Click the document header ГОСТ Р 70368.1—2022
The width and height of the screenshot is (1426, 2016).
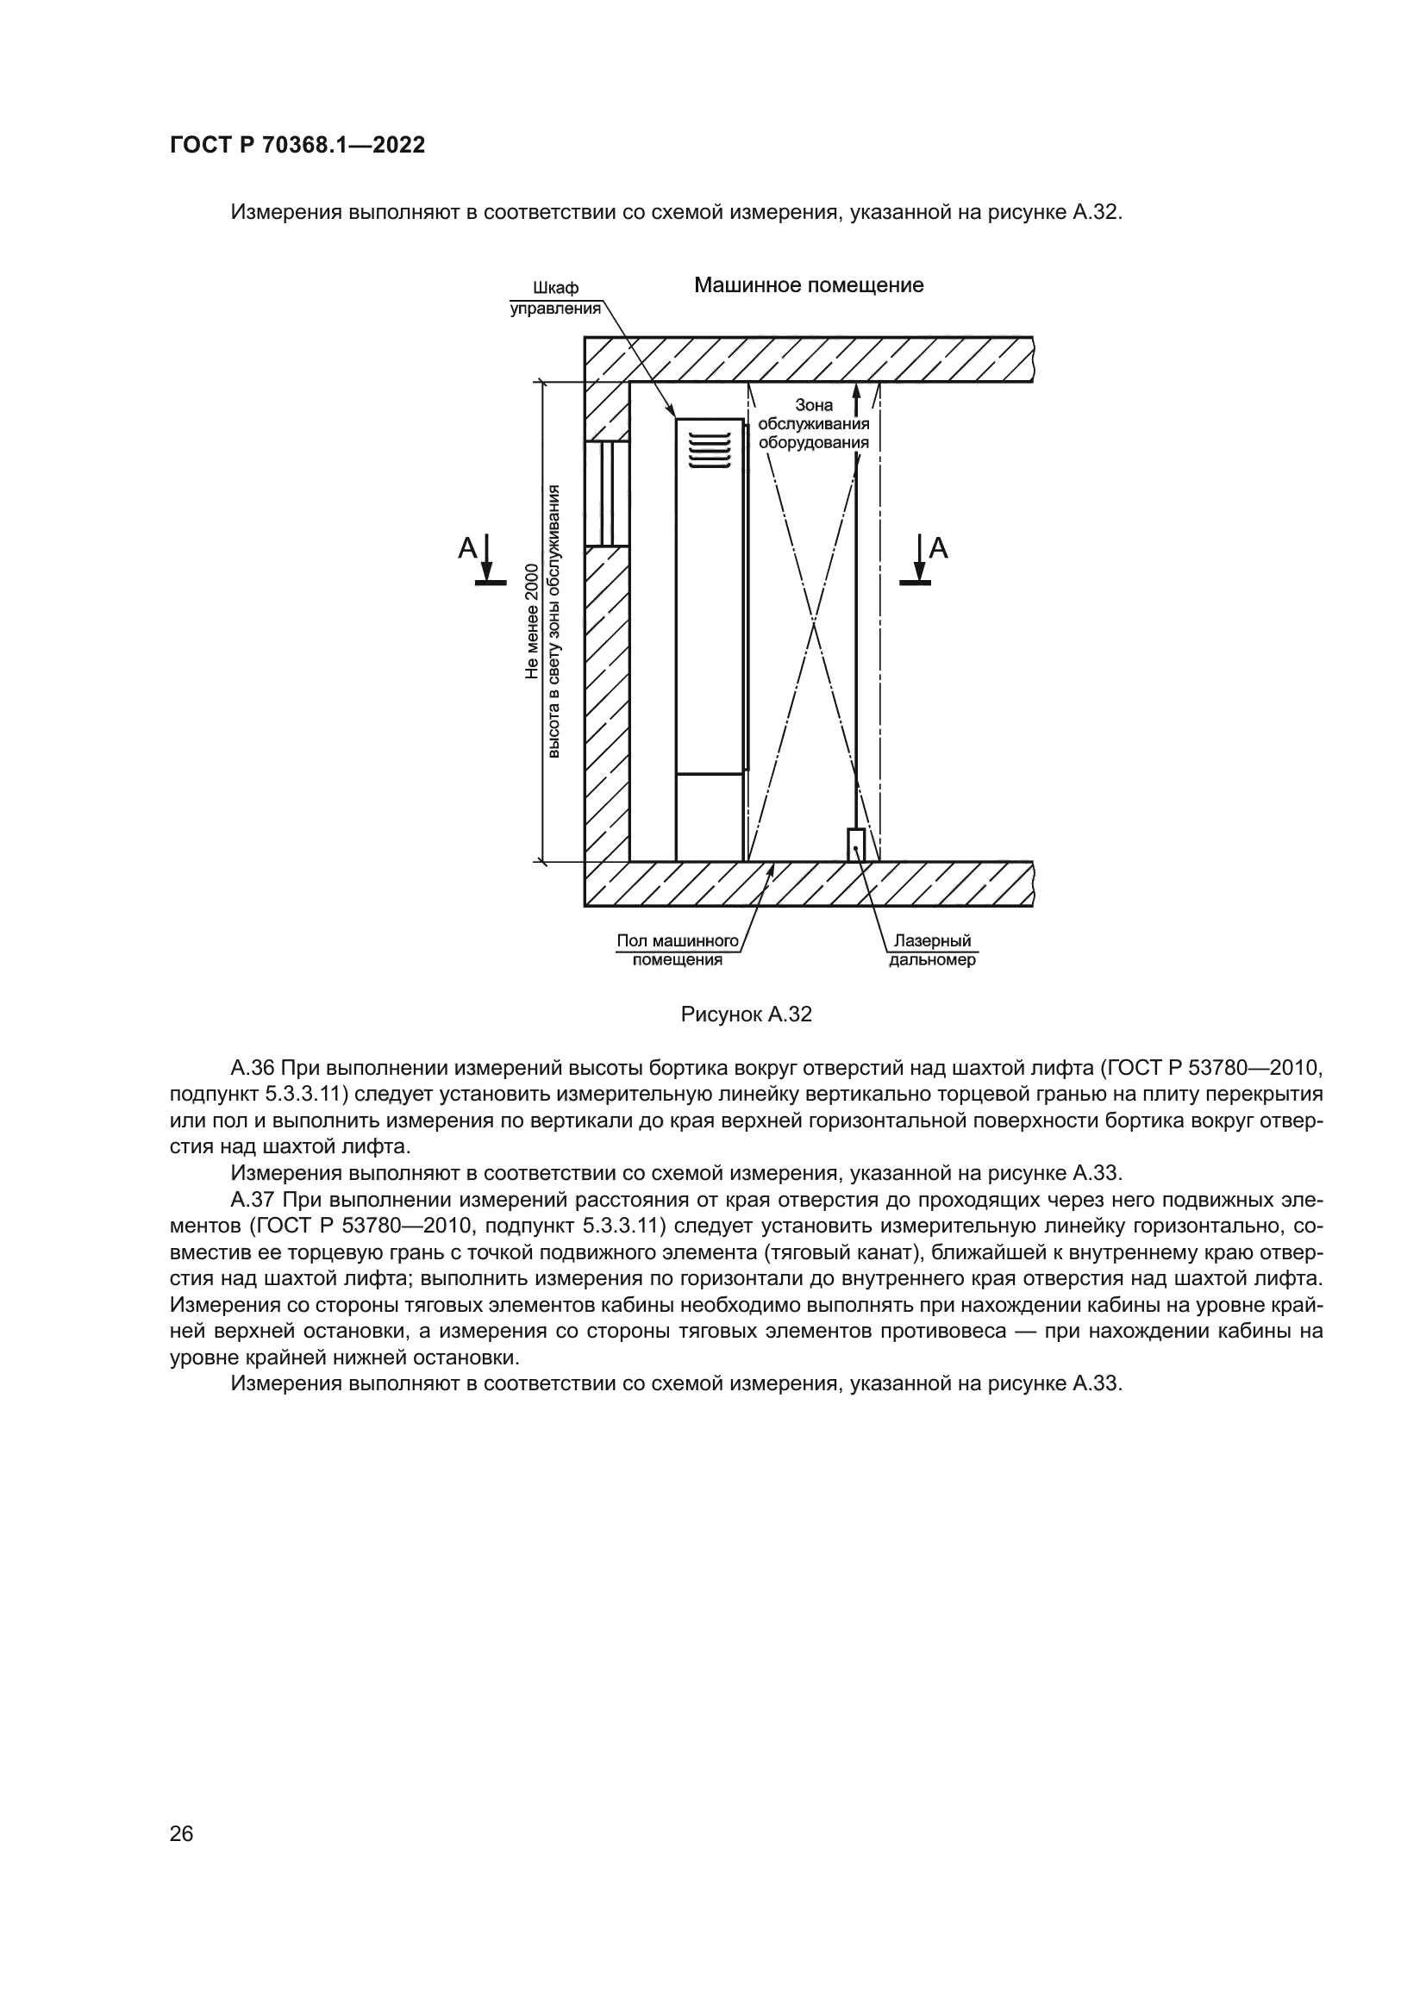point(297,145)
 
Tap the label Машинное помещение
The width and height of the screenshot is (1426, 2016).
point(809,285)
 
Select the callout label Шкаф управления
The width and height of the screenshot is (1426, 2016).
point(556,298)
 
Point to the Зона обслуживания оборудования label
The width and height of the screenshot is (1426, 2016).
point(814,423)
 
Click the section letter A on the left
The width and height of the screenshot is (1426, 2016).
point(468,549)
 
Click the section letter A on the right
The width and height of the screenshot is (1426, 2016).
point(939,549)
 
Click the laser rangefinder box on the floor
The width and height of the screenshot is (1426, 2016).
point(856,845)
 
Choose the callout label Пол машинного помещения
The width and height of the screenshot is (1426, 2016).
point(677,951)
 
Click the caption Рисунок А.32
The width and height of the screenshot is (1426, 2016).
point(747,1015)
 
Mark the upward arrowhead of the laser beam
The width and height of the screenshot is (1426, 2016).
point(857,392)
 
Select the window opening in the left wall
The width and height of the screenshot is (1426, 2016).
point(607,494)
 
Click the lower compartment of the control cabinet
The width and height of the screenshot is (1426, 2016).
point(710,817)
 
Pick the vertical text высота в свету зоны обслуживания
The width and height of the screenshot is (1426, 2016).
point(554,621)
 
